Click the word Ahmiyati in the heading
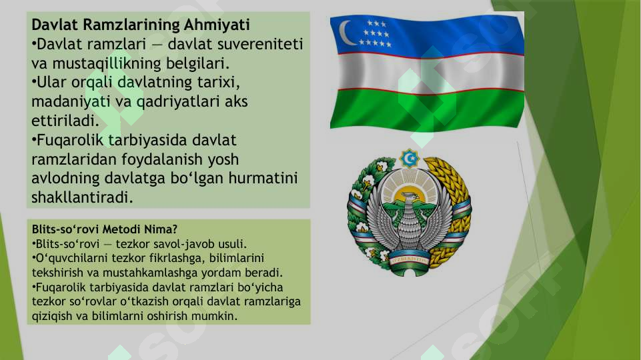tap(218, 26)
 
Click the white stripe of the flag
tap(427, 72)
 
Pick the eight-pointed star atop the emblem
tap(409, 158)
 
